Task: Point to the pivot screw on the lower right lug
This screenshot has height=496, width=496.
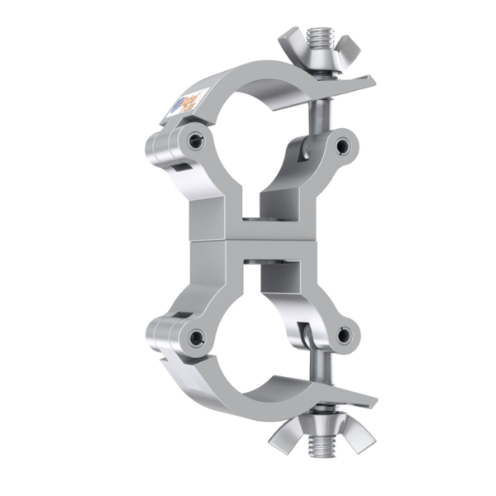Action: click(x=344, y=335)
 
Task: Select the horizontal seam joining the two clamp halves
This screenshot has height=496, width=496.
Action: click(x=248, y=240)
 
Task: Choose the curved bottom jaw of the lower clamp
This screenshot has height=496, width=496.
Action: click(x=240, y=393)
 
